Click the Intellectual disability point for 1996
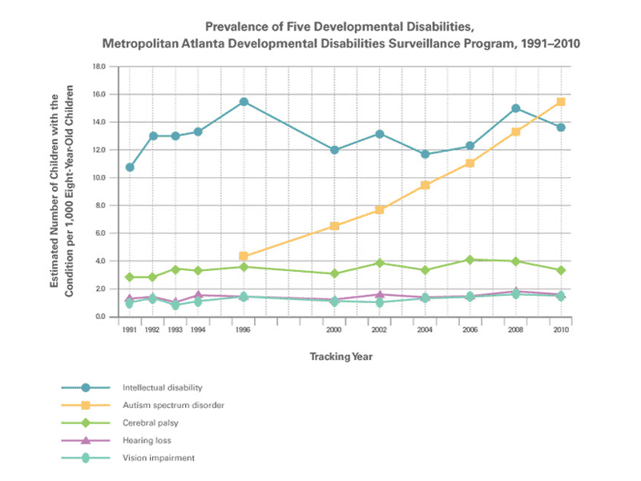click(244, 102)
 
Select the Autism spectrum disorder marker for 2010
click(561, 102)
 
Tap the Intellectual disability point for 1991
click(130, 168)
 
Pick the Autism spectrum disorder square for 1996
click(244, 257)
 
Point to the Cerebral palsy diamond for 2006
click(470, 260)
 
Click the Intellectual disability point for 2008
click(515, 108)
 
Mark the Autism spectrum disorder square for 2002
click(380, 210)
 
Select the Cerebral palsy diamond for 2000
click(334, 273)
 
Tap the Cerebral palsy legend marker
click(85, 422)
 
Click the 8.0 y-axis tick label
click(100, 205)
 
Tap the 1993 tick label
click(175, 329)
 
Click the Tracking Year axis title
click(341, 356)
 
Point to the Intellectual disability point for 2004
click(425, 154)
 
